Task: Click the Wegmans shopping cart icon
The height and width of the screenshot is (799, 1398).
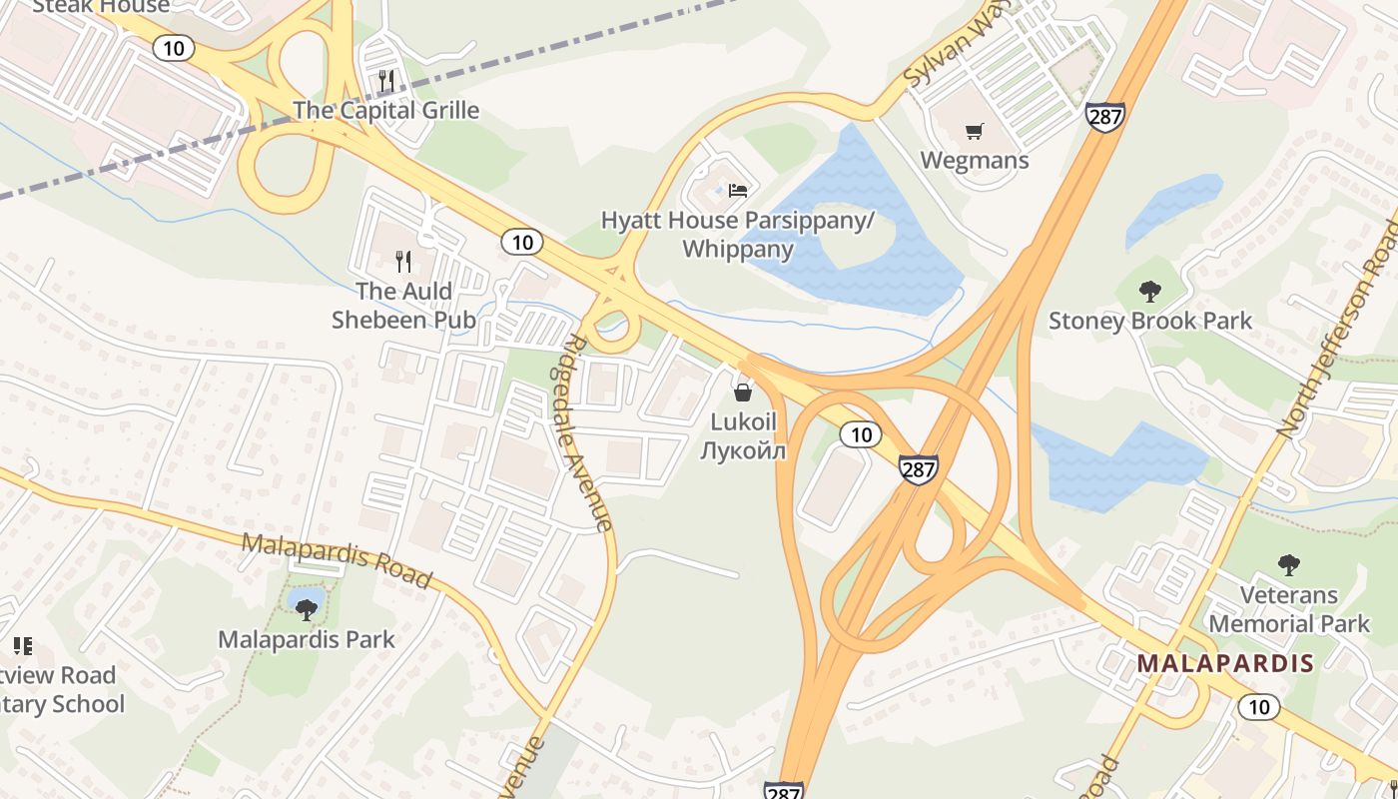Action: [x=975, y=131]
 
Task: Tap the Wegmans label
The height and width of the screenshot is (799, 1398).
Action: [x=974, y=160]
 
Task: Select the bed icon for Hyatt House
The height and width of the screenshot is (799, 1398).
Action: [x=738, y=190]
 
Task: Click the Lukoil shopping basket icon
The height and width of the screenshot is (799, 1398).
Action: [x=742, y=392]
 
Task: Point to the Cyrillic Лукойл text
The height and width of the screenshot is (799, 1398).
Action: [x=743, y=450]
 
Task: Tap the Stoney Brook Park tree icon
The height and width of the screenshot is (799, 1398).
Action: [x=1150, y=292]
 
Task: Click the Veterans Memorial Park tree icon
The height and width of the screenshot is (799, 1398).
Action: [x=1289, y=565]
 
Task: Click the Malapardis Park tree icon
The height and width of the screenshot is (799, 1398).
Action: [x=307, y=609]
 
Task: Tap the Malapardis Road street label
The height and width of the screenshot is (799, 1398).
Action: [x=338, y=560]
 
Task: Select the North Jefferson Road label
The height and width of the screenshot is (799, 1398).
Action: [x=1338, y=330]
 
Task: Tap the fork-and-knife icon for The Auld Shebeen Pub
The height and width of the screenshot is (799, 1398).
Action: [x=404, y=262]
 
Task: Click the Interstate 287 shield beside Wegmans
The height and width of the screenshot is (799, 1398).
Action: [x=1105, y=116]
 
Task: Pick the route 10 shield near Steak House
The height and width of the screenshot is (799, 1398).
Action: [x=174, y=48]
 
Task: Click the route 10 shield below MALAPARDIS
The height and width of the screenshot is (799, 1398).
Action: [x=1258, y=707]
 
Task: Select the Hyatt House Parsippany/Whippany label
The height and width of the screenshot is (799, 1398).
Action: [x=737, y=234]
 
